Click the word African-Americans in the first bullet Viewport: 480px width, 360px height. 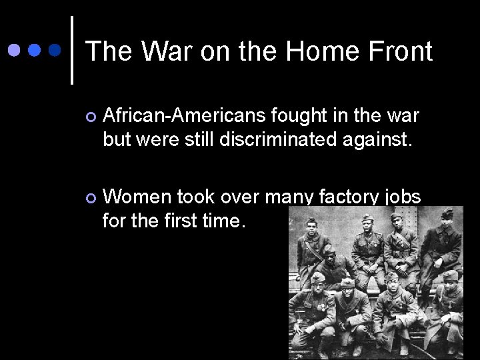point(185,116)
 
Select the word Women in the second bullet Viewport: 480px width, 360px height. point(136,196)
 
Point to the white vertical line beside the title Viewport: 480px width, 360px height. point(71,50)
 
